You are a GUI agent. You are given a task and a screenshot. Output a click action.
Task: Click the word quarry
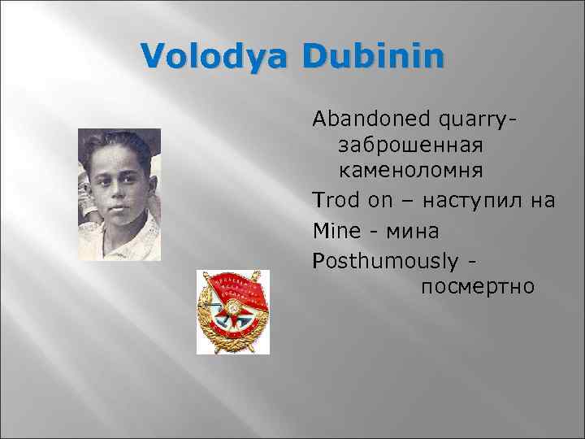[x=475, y=121]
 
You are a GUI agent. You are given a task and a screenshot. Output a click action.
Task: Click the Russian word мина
[x=410, y=232]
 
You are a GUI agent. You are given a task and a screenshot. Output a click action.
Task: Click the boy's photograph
[x=119, y=194]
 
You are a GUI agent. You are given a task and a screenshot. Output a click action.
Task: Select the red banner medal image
[x=233, y=312]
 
